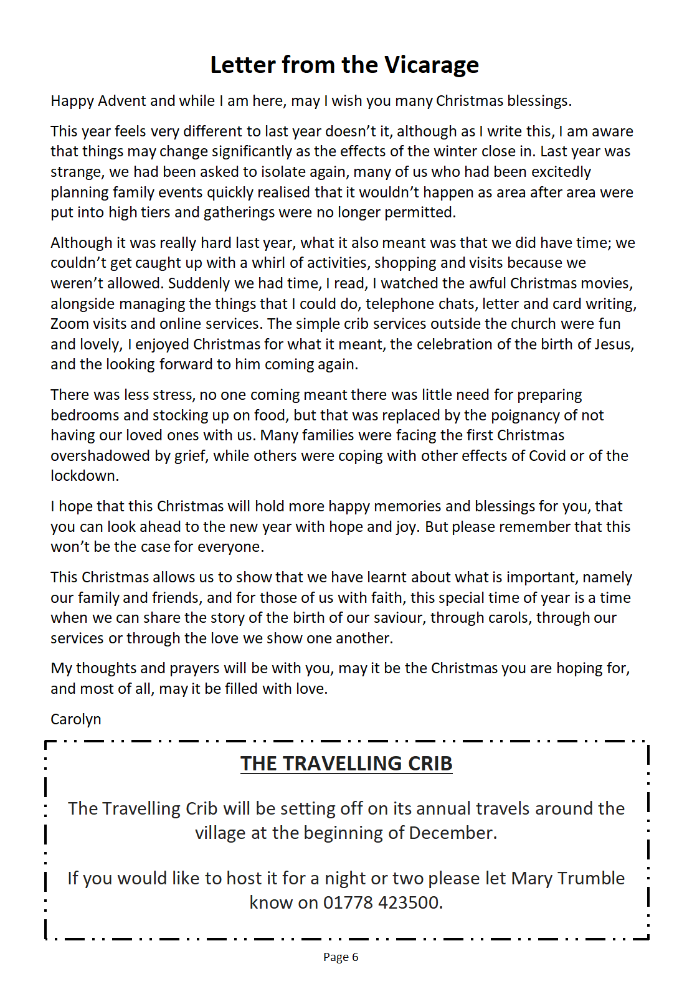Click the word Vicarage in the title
[x=431, y=65]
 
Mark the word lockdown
[x=84, y=476]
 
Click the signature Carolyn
[x=75, y=719]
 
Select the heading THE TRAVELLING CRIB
[x=346, y=764]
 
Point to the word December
[x=452, y=833]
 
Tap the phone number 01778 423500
[x=382, y=902]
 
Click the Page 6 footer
[x=341, y=957]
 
